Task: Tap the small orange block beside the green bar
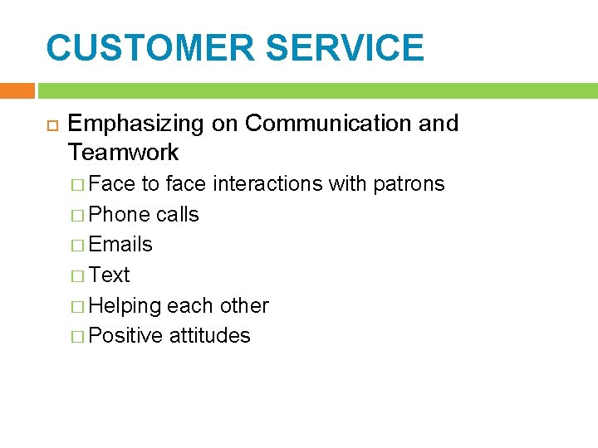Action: (17, 90)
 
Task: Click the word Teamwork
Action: (123, 153)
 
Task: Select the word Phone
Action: (120, 215)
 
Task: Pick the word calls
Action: (178, 215)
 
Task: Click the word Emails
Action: (120, 245)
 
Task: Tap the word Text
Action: (109, 275)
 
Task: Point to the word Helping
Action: (125, 305)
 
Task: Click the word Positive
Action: (125, 336)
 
